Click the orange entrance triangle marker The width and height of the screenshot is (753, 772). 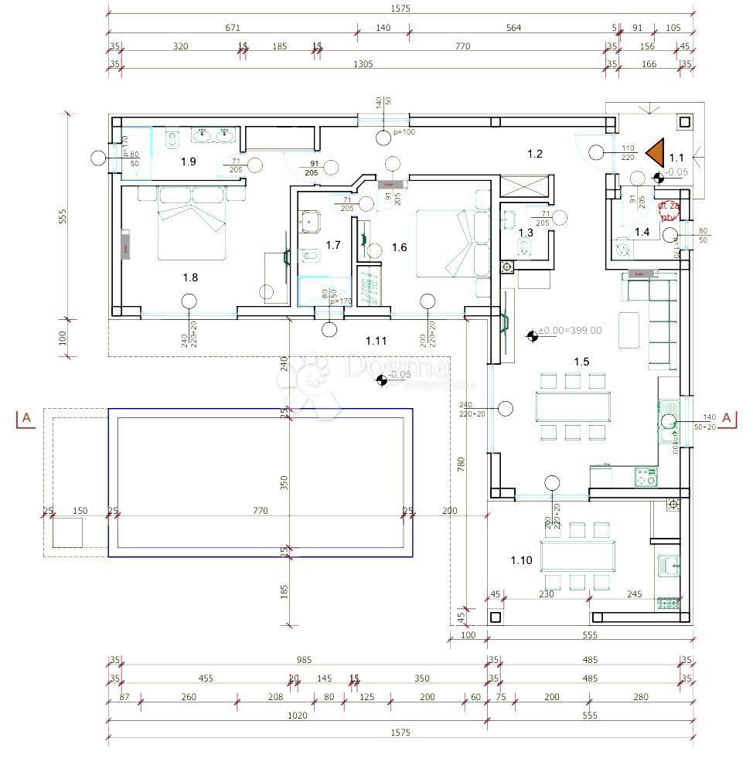pos(655,152)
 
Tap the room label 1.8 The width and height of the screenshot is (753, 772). pos(191,277)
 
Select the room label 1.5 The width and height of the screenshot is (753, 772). pos(581,361)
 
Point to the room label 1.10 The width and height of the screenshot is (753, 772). pos(521,560)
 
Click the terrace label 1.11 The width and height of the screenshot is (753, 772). pos(376,340)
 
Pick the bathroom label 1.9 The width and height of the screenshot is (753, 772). pos(189,162)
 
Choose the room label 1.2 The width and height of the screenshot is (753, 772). pos(535,154)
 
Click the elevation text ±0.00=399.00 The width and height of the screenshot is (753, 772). pos(571,330)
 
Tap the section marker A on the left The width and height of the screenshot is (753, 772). pos(26,418)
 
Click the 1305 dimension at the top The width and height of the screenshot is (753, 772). pos(363,64)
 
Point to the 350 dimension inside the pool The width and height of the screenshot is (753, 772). pos(284,483)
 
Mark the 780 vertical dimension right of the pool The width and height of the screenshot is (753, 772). pos(461,464)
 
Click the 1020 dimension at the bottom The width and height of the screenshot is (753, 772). pos(297,716)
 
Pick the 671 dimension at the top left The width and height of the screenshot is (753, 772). pos(232,28)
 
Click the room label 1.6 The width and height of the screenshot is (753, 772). pos(399,247)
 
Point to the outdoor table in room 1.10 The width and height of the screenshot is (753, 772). pos(578,554)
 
